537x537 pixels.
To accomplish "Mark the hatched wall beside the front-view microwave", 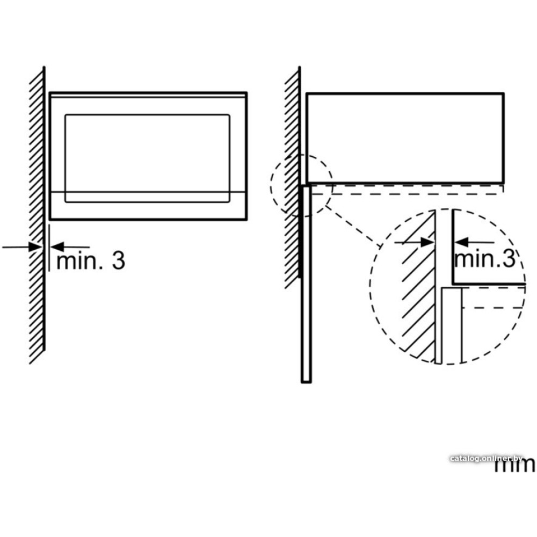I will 37,215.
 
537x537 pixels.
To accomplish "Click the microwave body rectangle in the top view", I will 405,138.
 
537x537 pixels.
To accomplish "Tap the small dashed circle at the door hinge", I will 302,185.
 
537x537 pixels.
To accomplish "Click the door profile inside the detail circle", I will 451,325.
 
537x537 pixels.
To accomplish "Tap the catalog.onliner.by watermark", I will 487,458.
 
